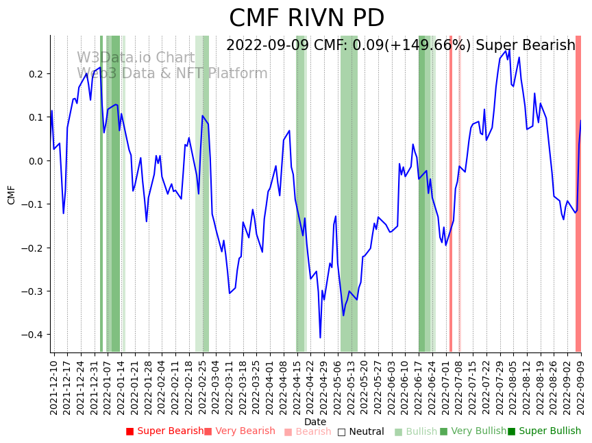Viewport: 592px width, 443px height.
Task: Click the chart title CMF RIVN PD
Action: pyautogui.click(x=306, y=19)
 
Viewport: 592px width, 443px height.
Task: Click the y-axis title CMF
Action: pyautogui.click(x=12, y=195)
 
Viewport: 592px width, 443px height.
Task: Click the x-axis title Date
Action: pyautogui.click(x=315, y=422)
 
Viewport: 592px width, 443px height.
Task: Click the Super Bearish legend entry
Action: pyautogui.click(x=164, y=431)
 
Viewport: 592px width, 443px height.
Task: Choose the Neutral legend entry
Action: pyautogui.click(x=360, y=431)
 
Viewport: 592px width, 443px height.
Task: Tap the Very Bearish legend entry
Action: pyautogui.click(x=239, y=431)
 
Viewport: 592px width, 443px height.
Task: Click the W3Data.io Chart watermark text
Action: pyautogui.click(x=136, y=58)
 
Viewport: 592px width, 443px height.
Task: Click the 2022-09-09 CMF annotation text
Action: pyautogui.click(x=400, y=46)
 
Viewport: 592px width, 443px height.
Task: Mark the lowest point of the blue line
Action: pyautogui.click(x=320, y=337)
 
